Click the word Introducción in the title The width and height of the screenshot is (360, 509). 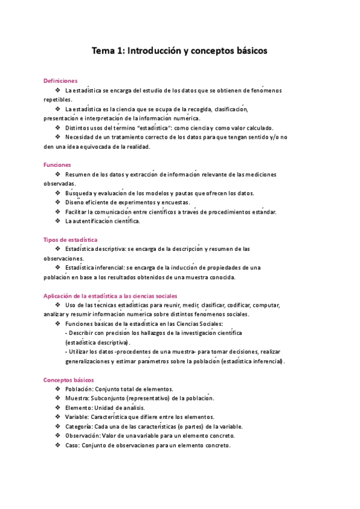click(152, 51)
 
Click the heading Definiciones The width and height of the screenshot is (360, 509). click(61, 80)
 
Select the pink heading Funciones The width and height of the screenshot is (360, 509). click(58, 164)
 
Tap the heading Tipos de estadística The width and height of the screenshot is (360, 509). click(71, 239)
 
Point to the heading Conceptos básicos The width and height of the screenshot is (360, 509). click(68, 379)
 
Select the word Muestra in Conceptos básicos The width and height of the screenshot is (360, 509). click(79, 398)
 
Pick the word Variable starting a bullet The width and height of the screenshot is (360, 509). click(78, 417)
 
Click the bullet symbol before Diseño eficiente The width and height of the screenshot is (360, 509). click(57, 202)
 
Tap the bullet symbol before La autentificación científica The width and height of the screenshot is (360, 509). click(57, 221)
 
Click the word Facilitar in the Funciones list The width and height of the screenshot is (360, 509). click(78, 211)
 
